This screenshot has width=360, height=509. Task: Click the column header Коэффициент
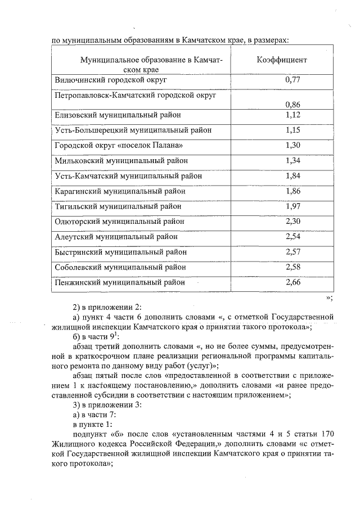[x=282, y=60]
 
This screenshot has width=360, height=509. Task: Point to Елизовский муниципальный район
[x=118, y=115]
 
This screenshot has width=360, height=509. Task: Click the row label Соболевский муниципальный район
[x=120, y=267]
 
